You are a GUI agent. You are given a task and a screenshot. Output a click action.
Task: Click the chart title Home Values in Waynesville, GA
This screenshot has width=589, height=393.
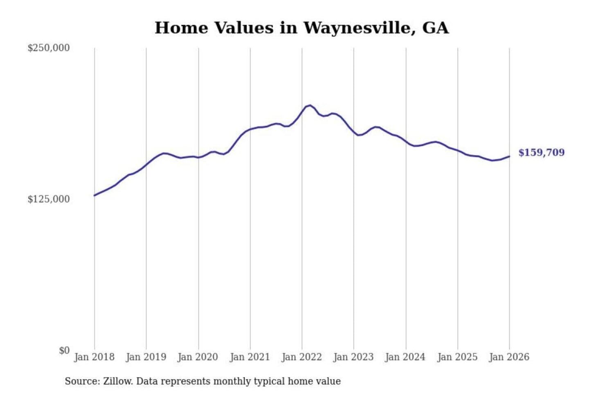[x=301, y=28]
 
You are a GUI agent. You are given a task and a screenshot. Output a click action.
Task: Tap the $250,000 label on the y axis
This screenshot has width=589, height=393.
[x=49, y=48]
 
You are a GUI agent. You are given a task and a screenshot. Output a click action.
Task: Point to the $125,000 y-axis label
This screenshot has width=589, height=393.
[x=49, y=199]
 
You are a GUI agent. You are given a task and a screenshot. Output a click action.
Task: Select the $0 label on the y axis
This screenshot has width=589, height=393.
[x=64, y=350]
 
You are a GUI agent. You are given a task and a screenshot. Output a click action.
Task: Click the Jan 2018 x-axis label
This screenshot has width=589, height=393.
[x=94, y=357]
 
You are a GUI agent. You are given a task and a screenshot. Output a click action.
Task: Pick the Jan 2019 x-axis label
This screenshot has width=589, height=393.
[x=146, y=357]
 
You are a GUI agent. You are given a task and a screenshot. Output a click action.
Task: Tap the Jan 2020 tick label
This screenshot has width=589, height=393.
[x=198, y=357]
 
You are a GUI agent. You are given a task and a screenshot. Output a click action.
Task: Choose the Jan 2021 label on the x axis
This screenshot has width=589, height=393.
[x=250, y=357]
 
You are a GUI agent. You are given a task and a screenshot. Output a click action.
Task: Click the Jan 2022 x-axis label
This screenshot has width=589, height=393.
[x=302, y=357]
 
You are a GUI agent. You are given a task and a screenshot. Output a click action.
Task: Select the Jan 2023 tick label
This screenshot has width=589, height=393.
[x=353, y=357]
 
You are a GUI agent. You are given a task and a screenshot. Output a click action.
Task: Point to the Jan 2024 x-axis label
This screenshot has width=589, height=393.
[x=405, y=357]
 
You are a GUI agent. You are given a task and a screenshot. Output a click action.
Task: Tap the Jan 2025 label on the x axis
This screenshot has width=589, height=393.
[x=457, y=357]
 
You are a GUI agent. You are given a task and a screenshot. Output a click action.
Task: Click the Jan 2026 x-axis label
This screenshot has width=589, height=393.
[x=509, y=357]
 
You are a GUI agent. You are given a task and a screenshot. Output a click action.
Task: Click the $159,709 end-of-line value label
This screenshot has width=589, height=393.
[x=541, y=153]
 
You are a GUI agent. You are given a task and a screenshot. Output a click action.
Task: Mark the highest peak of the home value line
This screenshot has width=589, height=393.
[x=310, y=105]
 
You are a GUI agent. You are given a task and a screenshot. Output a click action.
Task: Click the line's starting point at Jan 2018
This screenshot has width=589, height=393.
[x=94, y=195]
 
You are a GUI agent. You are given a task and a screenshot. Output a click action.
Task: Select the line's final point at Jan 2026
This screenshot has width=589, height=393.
[x=509, y=156]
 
